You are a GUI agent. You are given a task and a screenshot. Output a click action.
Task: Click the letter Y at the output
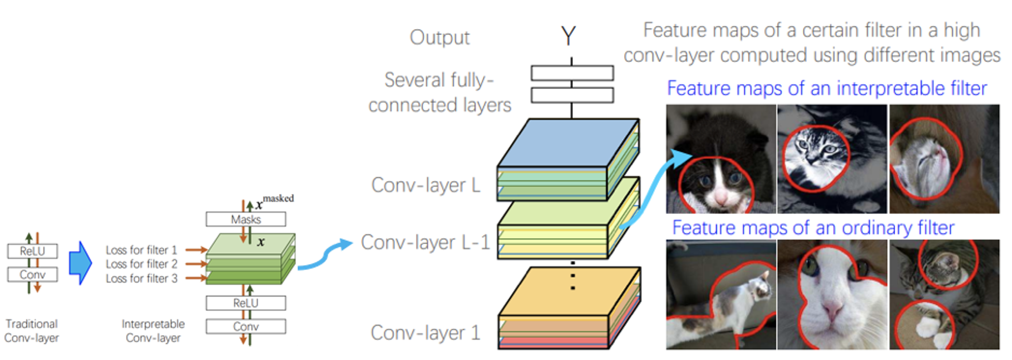[568, 36]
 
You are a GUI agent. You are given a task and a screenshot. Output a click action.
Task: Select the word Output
[440, 37]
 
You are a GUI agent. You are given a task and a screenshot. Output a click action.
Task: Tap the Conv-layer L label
[426, 185]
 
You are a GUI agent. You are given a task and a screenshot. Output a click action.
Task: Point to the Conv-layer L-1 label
[425, 242]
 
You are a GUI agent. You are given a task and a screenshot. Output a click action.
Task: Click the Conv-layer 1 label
[426, 333]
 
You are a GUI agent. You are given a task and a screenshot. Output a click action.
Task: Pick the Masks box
[246, 219]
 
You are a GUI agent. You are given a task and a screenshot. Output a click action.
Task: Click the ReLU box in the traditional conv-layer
[32, 251]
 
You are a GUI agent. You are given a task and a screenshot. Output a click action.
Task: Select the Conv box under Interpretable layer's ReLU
[246, 326]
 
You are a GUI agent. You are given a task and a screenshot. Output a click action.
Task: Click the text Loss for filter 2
[141, 264]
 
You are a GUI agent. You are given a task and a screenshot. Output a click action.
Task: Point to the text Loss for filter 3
[141, 278]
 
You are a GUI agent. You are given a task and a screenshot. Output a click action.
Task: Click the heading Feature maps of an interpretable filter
[826, 88]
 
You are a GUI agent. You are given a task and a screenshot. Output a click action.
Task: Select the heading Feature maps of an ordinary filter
[813, 228]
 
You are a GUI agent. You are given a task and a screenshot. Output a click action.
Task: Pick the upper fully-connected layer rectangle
[572, 73]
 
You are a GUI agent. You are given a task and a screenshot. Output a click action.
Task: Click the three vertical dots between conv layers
[573, 275]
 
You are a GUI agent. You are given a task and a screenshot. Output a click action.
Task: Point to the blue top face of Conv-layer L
[567, 143]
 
